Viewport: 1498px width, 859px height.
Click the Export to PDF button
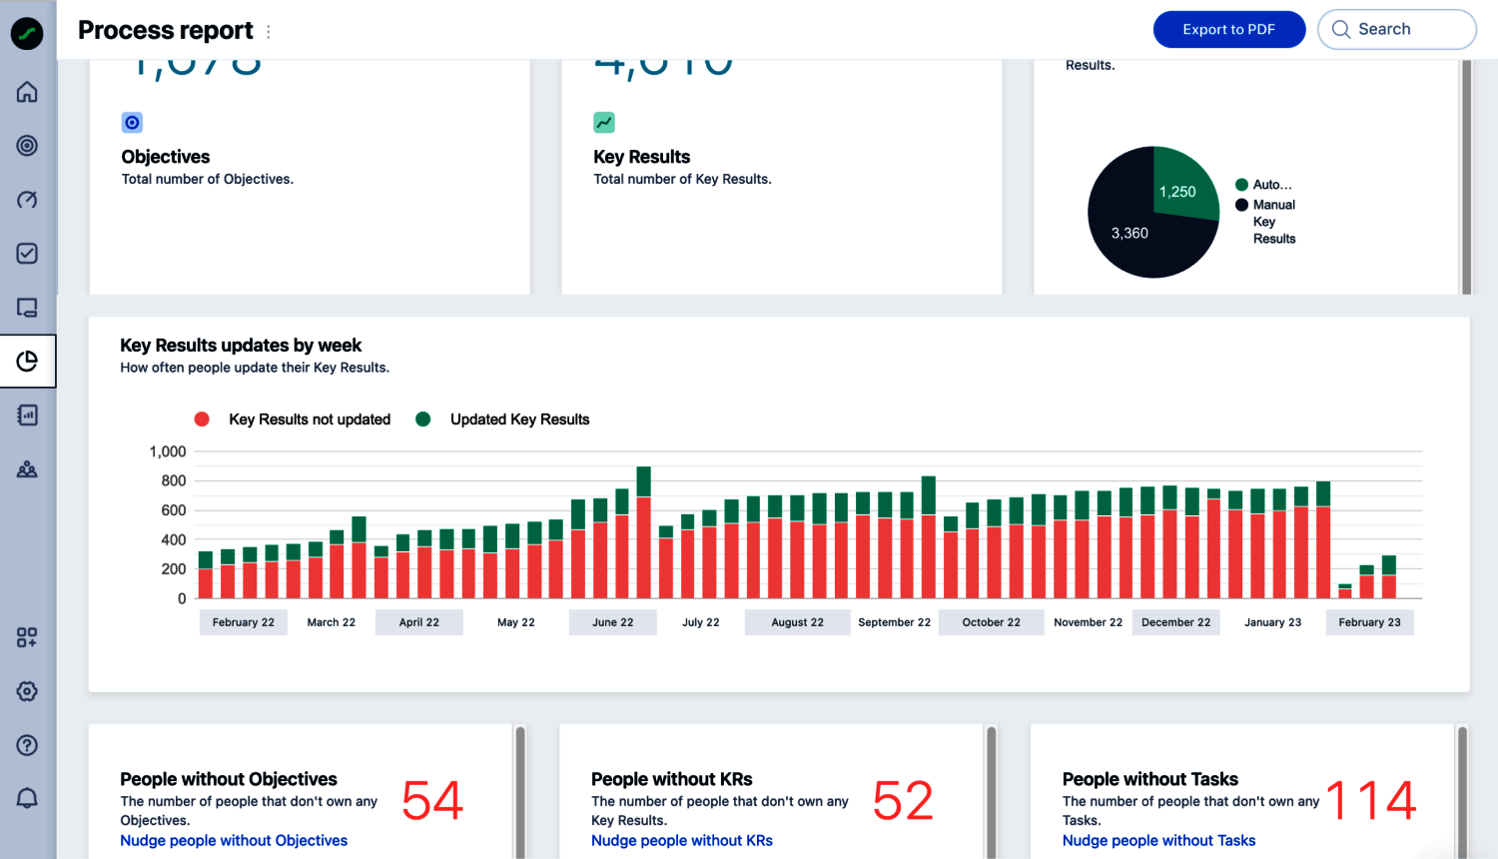(1228, 30)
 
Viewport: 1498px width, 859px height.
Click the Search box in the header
(1396, 30)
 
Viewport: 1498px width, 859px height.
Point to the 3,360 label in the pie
(1129, 233)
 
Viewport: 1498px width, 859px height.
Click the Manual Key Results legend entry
(1273, 221)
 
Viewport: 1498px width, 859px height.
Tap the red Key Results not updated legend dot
(202, 420)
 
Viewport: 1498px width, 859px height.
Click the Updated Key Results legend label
(519, 420)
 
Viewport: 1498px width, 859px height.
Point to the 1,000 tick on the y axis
(168, 451)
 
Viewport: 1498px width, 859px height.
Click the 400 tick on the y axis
(174, 539)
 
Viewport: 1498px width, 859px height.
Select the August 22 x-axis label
(797, 622)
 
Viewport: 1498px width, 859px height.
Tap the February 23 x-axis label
(1369, 622)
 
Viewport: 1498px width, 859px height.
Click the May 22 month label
(515, 622)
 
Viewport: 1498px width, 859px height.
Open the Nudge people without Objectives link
(234, 841)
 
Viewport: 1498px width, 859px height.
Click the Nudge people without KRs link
(682, 841)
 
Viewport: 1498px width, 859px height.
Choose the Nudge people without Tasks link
(1158, 841)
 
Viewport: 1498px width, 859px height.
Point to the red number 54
(432, 801)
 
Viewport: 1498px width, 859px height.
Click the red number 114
(1371, 801)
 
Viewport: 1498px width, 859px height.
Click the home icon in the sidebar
(27, 92)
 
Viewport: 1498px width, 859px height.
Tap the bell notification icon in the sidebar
(27, 798)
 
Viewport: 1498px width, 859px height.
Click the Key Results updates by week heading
(241, 346)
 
